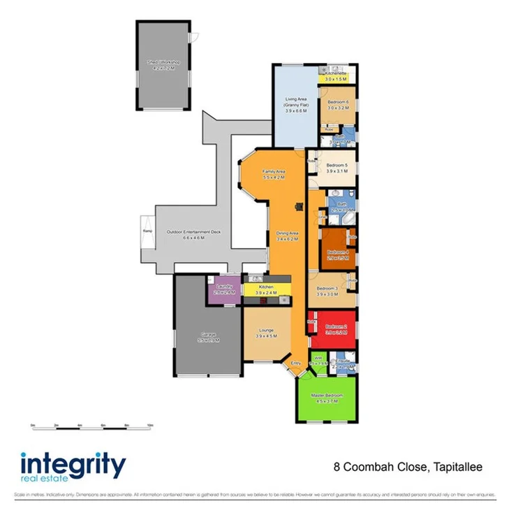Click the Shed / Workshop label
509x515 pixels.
point(163,62)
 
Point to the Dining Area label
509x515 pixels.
point(288,235)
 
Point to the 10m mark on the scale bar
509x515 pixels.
point(150,425)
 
